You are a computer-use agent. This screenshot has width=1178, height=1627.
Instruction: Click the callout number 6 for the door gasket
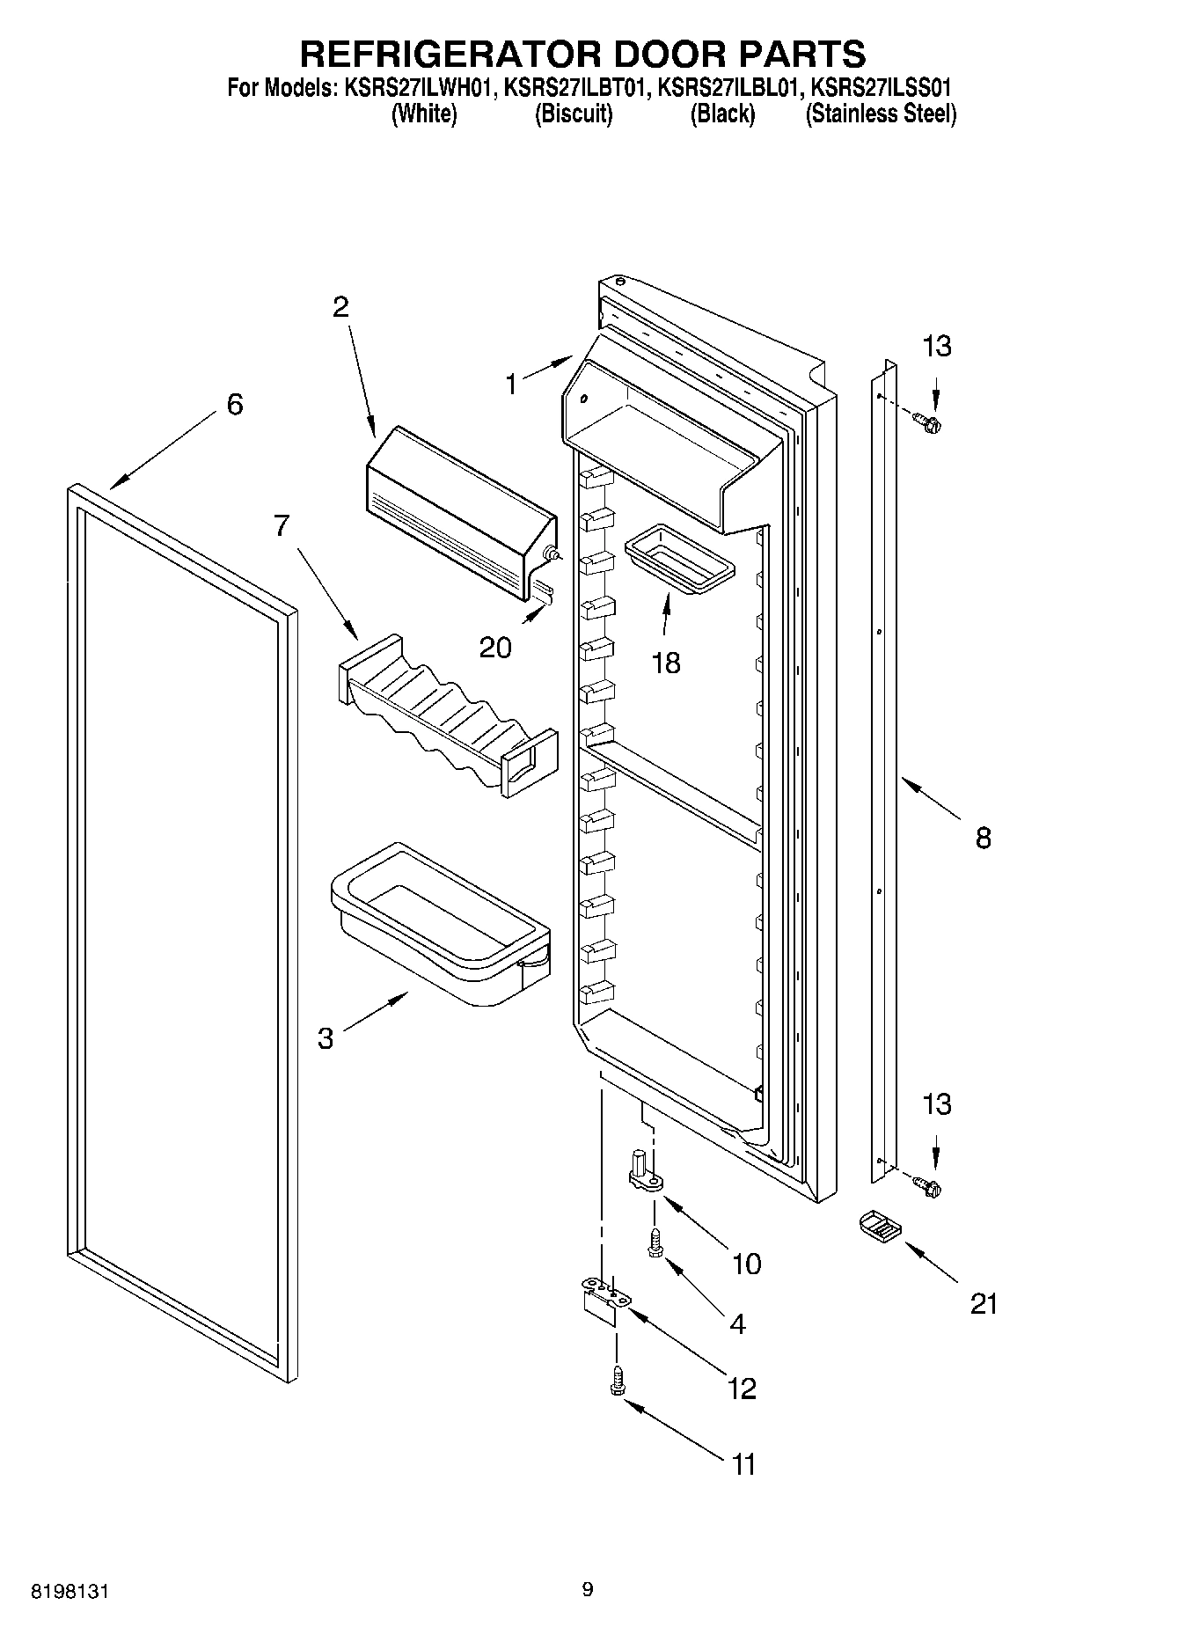tap(234, 405)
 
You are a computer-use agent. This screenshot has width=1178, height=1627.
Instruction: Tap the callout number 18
tap(666, 663)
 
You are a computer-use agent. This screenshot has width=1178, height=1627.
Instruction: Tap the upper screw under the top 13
tap(926, 423)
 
